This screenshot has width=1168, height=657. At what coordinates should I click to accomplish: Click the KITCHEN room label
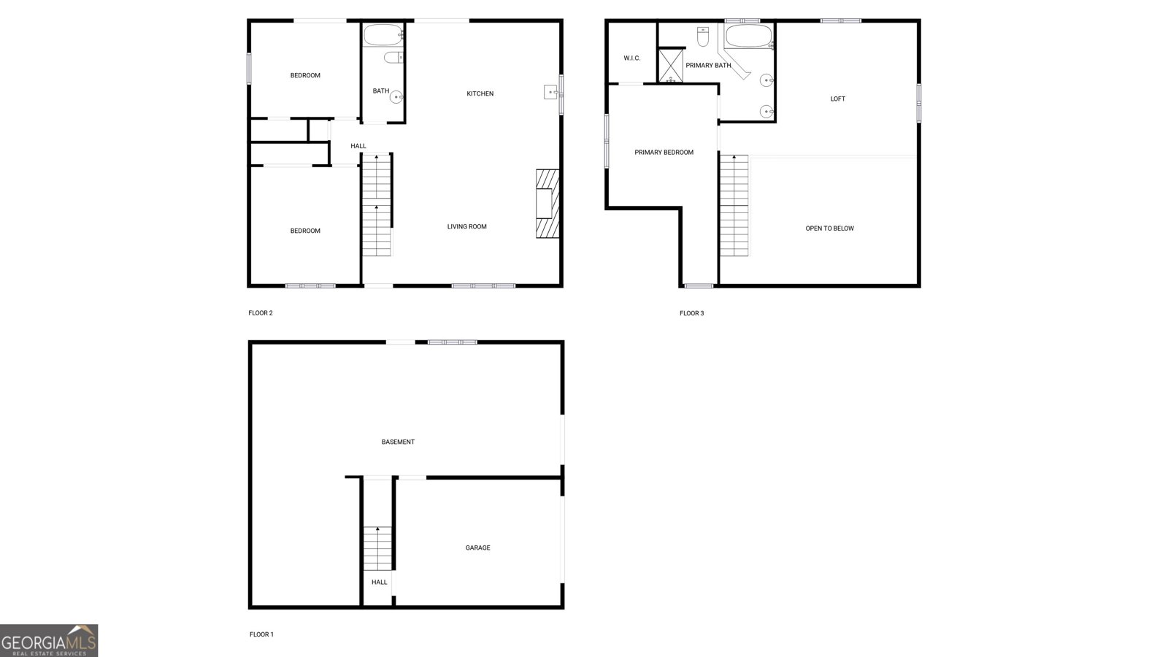[480, 94]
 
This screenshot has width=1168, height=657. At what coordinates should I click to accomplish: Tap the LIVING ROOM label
[466, 226]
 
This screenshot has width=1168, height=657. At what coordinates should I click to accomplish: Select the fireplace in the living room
[547, 204]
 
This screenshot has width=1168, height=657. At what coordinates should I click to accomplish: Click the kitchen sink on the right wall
[551, 92]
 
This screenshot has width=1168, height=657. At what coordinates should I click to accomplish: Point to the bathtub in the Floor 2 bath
[383, 35]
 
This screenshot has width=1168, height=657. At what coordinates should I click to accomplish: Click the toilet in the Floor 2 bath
[393, 57]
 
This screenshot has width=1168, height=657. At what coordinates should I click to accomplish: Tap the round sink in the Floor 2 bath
[396, 97]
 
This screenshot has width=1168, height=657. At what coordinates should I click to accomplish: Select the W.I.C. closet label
[632, 58]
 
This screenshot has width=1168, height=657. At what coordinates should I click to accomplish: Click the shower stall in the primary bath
[671, 66]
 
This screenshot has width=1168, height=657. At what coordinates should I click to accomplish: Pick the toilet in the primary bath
[703, 36]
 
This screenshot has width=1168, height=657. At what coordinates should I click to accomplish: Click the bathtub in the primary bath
[749, 36]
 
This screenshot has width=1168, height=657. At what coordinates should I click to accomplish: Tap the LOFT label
[838, 99]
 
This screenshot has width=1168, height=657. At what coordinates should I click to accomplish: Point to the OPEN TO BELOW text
[829, 228]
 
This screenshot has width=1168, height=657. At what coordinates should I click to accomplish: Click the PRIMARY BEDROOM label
[664, 153]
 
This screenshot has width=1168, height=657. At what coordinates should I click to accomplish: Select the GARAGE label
[477, 547]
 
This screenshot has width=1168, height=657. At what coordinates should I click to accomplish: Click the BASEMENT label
[398, 442]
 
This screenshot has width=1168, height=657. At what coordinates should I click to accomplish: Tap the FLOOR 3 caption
[691, 313]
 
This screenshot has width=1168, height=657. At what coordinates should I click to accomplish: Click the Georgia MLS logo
[48, 641]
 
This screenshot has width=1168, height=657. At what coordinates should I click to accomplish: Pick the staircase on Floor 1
[377, 548]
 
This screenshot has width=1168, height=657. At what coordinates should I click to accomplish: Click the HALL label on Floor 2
[358, 146]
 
